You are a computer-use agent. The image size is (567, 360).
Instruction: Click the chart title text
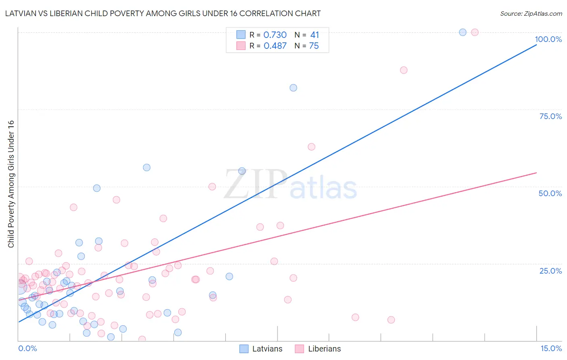point(163,13)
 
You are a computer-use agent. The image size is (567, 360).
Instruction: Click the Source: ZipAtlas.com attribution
point(531,13)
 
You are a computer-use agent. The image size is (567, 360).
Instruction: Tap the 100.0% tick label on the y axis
point(548,39)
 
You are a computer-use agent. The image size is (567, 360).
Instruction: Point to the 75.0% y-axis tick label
point(550,116)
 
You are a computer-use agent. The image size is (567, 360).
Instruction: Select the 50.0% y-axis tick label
point(550,193)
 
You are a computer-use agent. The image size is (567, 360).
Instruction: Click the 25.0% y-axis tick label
point(550,271)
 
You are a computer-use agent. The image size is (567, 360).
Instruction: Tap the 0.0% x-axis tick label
point(27,348)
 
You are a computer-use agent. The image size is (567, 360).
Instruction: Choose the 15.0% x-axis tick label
point(550,348)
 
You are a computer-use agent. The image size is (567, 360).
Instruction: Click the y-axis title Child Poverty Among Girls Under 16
point(11,184)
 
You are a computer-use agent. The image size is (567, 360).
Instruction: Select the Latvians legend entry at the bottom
point(261,349)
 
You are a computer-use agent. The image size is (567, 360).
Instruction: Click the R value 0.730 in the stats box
point(275,35)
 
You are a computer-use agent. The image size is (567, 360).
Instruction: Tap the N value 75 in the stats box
point(314,46)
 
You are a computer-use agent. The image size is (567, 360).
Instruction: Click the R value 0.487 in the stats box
point(275,46)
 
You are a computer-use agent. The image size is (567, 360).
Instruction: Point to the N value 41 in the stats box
point(315,35)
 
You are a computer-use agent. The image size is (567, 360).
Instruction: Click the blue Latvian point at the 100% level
point(463,32)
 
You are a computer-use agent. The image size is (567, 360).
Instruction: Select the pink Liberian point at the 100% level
point(475,32)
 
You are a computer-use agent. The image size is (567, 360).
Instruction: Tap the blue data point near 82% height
point(293,88)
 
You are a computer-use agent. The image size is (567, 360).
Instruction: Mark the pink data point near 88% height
point(404,70)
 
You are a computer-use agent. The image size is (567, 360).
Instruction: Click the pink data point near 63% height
point(311,147)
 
